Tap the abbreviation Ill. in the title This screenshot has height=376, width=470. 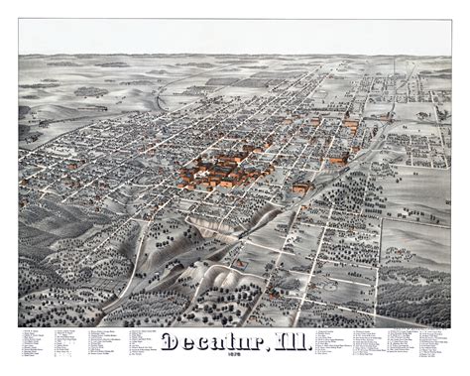click(288, 343)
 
